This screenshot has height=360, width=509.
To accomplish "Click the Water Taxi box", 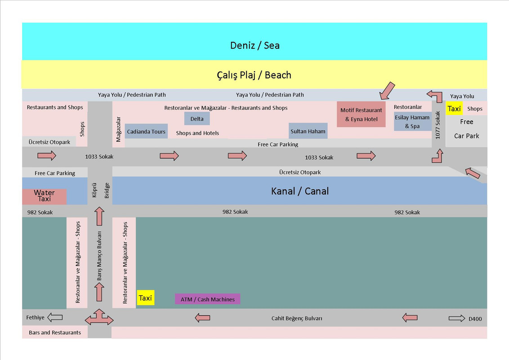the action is click(44, 197).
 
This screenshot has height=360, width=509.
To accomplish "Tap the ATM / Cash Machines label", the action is click(207, 299).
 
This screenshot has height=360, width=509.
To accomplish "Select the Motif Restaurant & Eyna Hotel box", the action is click(361, 114).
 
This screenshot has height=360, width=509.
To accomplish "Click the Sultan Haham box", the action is click(308, 131).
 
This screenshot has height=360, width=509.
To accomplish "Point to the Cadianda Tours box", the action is click(146, 131).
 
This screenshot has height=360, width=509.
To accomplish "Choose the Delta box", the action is click(196, 119).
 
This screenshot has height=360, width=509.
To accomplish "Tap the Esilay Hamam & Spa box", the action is click(412, 121).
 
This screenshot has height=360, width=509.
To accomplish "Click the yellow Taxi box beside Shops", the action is click(454, 108).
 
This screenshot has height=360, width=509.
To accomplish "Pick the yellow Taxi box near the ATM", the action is click(145, 297).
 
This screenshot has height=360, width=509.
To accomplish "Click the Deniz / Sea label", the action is click(255, 45).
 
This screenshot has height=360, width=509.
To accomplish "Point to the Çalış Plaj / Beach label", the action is click(254, 75).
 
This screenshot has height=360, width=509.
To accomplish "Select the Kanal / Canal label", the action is click(299, 191).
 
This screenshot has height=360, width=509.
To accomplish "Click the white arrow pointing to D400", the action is click(457, 319).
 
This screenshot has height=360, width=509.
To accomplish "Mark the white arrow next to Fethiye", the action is click(55, 317).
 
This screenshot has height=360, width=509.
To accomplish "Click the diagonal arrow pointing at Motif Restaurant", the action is click(387, 90).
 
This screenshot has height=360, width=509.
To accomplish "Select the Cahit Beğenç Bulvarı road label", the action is click(297, 319).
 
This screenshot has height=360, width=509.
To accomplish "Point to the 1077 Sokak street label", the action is click(438, 125).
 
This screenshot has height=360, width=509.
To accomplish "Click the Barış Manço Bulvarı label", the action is click(99, 256).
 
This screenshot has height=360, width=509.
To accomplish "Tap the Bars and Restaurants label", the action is click(55, 333).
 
